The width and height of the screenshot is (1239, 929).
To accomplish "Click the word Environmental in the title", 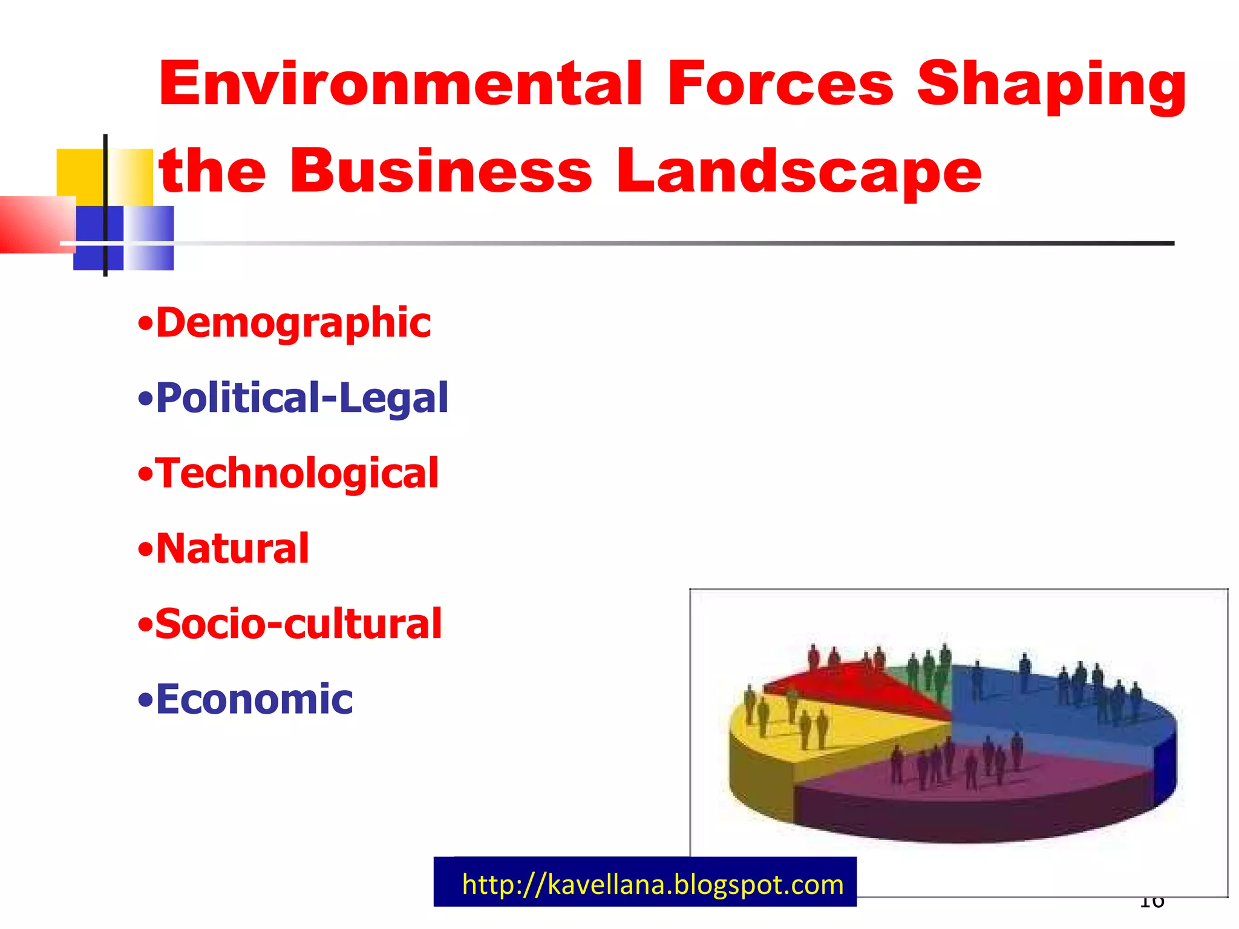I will [399, 83].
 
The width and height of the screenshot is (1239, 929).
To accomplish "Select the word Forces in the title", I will [780, 83].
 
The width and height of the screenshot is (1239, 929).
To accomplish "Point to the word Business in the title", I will [440, 172].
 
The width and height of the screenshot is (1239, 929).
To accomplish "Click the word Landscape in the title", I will [799, 173].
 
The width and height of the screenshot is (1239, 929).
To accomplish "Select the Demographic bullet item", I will [293, 323].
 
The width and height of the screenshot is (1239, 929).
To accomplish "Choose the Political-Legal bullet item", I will [302, 398].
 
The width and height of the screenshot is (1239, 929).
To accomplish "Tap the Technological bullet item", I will [296, 473].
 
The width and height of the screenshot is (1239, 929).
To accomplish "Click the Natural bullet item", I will [232, 549].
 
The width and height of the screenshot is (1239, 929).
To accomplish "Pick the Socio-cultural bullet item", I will [298, 624].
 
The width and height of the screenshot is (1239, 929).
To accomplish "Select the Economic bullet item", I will [254, 699].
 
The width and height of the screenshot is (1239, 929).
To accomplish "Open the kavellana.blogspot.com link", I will [652, 885].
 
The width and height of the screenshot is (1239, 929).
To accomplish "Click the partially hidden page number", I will [1151, 902].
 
